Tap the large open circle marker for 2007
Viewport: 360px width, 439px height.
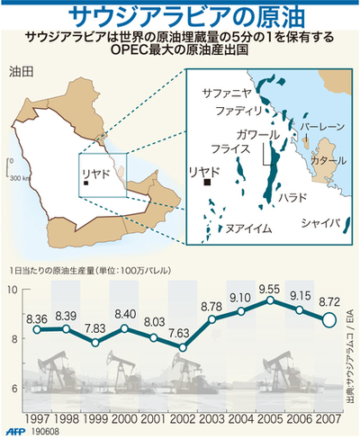click(329, 320)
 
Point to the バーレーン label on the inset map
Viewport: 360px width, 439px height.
click(320, 129)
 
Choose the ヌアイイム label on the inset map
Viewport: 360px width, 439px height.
click(247, 228)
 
